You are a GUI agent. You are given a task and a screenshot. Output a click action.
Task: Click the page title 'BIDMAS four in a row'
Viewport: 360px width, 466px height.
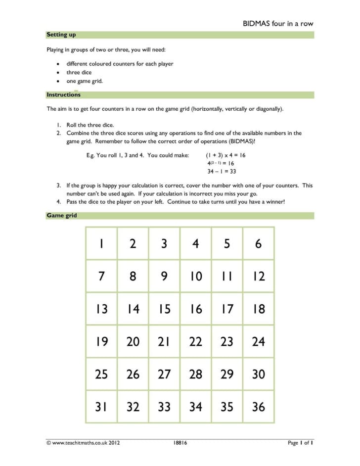(x=277, y=23)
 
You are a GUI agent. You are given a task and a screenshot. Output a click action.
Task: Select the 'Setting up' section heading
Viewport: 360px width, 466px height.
(x=61, y=35)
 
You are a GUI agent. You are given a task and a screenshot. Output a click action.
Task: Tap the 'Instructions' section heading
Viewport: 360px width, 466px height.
(x=63, y=94)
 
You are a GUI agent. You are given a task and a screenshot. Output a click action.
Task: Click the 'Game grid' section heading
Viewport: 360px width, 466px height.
(x=62, y=216)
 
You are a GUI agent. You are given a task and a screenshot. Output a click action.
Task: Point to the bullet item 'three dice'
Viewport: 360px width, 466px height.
(x=79, y=72)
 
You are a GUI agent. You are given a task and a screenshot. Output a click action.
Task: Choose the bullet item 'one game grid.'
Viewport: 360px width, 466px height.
(x=85, y=81)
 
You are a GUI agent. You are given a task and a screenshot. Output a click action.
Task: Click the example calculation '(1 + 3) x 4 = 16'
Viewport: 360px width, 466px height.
(x=225, y=155)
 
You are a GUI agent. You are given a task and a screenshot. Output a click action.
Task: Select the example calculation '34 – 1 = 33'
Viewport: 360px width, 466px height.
(x=222, y=172)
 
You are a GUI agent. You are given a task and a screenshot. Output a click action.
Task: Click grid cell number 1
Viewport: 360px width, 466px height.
(x=101, y=243)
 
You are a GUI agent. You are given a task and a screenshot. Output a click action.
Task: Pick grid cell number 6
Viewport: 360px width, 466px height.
(x=258, y=243)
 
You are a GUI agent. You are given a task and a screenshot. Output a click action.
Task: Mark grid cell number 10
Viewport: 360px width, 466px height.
(x=196, y=276)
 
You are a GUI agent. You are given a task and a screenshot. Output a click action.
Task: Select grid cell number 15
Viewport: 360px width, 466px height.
(x=164, y=309)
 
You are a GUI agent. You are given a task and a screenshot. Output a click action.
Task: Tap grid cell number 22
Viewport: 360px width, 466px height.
(x=196, y=341)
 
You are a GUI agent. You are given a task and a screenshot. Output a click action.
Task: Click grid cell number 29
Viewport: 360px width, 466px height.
(x=227, y=374)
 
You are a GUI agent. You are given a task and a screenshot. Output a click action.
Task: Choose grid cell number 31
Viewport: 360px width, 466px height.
(x=101, y=407)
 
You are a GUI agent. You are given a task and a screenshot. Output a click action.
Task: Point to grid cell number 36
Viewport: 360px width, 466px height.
(x=258, y=407)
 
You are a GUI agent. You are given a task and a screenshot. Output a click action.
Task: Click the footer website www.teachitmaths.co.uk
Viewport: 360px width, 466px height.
(x=79, y=443)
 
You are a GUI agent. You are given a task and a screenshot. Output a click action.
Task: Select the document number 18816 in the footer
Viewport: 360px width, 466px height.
(x=180, y=443)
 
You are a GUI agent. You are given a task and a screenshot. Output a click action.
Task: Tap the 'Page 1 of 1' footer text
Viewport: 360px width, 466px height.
(x=301, y=443)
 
